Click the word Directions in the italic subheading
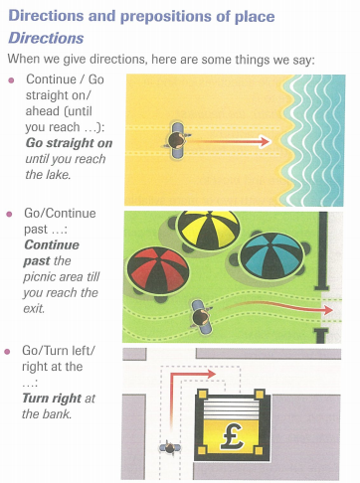coord(46,38)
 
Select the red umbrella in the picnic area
coord(158,271)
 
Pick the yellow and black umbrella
coord(208,230)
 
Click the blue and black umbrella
coord(271,255)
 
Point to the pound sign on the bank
coord(233,436)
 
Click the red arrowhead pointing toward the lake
coord(266,141)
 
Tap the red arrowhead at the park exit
coord(328,310)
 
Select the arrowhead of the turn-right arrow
coord(211,375)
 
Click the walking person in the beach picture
coord(178,140)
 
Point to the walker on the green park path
coord(201,317)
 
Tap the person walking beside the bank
coord(170,448)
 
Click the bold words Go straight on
coord(69,143)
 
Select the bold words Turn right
coord(52,398)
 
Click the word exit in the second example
coord(34,308)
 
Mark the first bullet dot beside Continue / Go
coord(11,80)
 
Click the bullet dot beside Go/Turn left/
coord(7,352)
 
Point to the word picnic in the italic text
coord(38,277)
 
